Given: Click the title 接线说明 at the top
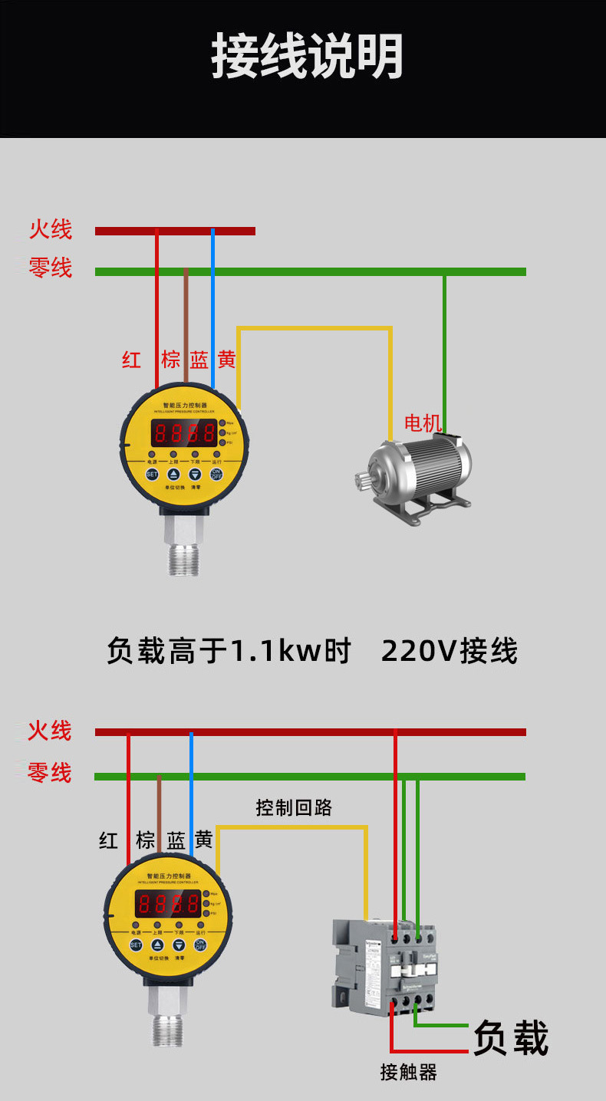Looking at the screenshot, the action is (307, 56).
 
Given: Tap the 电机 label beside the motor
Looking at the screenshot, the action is (423, 422).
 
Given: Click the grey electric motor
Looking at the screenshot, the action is (418, 475).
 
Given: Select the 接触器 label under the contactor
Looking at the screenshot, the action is (408, 1072).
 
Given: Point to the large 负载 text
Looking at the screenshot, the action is (511, 1038).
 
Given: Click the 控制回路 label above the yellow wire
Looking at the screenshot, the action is (294, 807).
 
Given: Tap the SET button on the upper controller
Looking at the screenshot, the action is (152, 475).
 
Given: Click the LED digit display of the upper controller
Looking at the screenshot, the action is (184, 433).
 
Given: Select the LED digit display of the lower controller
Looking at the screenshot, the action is (169, 903).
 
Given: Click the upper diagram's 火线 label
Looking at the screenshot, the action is (51, 229).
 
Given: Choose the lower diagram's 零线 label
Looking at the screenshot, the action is (50, 773).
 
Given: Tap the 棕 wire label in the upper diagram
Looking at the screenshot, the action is (170, 360).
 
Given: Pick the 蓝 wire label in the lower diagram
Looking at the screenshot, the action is (176, 840).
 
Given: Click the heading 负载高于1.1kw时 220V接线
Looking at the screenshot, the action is (311, 652).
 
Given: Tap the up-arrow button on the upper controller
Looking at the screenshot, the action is (173, 475).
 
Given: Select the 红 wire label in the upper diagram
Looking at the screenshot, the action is (132, 360).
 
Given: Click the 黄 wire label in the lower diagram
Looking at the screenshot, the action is (203, 840).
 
